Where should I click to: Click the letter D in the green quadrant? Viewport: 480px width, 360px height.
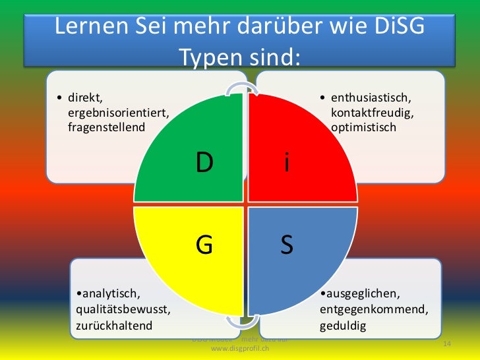(204, 162)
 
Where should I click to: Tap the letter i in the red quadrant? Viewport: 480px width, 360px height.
(285, 162)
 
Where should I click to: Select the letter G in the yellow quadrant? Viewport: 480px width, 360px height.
(204, 245)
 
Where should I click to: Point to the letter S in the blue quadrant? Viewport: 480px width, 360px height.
(286, 245)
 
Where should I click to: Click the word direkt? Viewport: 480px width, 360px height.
(82, 99)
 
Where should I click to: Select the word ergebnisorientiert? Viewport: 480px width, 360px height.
(118, 113)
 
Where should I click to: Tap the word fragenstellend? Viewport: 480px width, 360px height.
(105, 126)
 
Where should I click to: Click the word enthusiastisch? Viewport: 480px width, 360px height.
(370, 99)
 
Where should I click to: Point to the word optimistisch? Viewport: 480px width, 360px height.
(363, 126)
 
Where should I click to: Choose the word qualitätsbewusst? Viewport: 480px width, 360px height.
(123, 309)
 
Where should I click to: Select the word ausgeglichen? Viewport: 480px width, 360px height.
(359, 293)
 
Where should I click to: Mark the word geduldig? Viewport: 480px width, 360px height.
(342, 325)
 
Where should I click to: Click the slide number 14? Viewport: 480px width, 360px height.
(446, 345)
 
